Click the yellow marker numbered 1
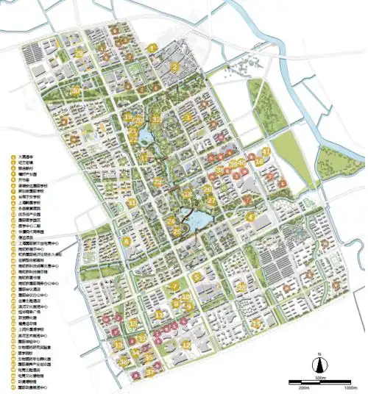coord(152,49)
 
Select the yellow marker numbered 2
coord(175,67)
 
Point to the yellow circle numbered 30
coord(76,90)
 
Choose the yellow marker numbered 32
coord(156,119)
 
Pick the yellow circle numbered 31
coord(131,202)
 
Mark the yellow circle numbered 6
coord(127,240)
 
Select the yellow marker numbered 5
coord(197,276)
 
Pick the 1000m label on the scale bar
coord(355,387)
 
